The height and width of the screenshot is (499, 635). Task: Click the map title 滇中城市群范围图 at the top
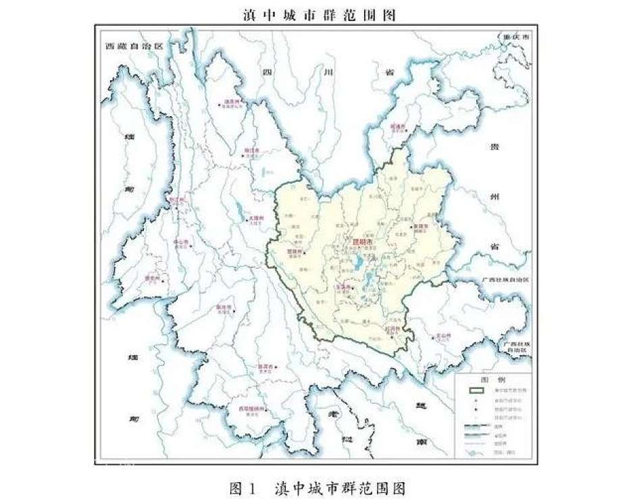click(318, 14)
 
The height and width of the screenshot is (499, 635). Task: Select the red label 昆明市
click(363, 240)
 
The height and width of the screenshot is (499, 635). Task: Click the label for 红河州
click(392, 329)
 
